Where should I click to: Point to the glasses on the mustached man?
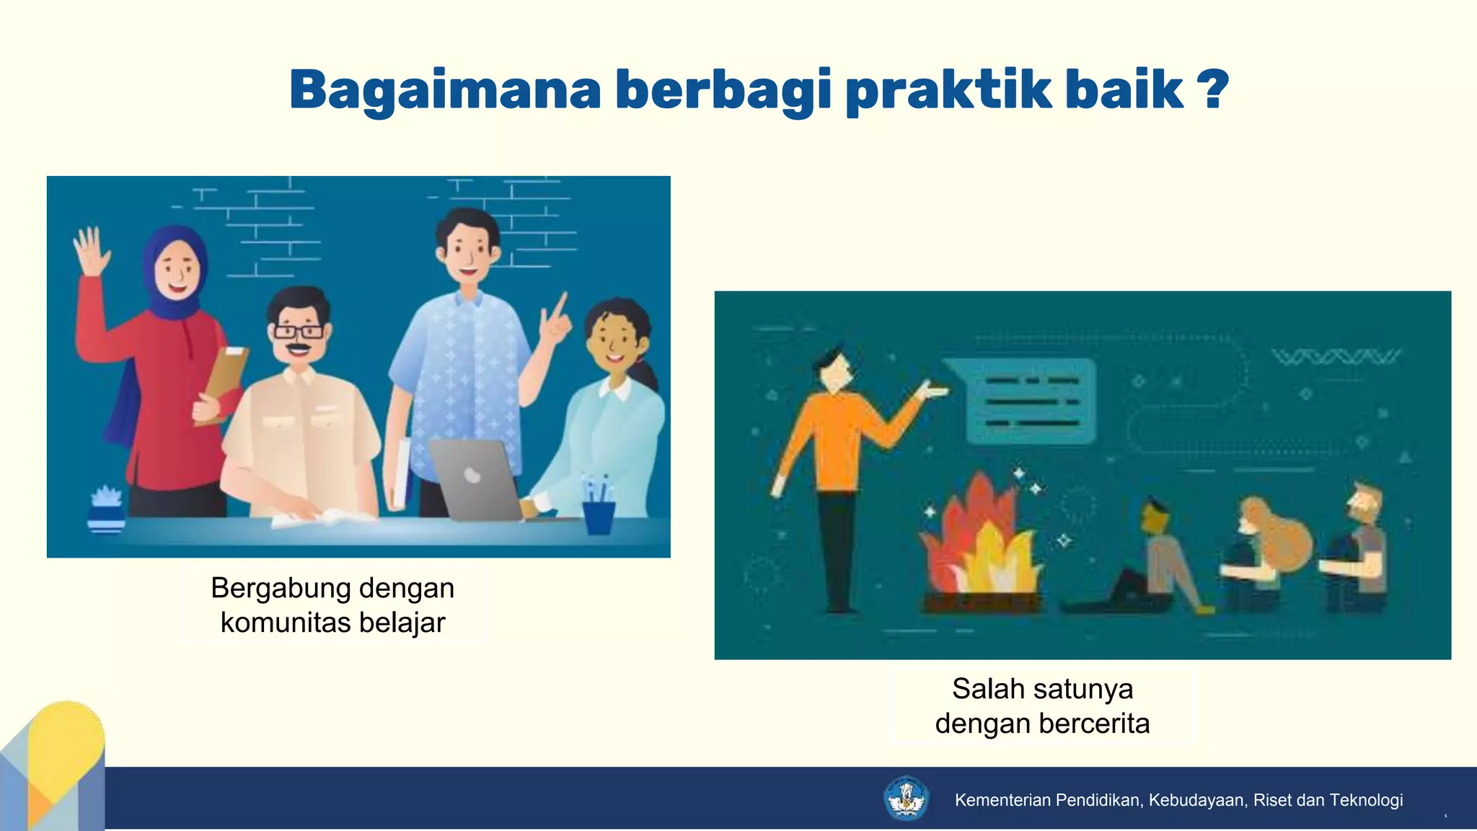299,332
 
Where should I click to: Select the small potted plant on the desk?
107,509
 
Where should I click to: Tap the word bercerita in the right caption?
1093,724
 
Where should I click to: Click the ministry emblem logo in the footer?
906,799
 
